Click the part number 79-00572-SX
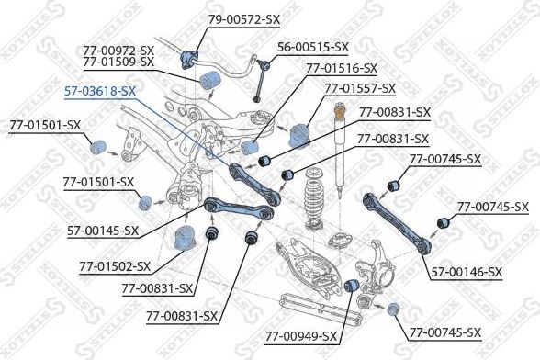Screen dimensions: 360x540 click(x=219, y=19)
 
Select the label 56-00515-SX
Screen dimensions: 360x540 click(x=313, y=46)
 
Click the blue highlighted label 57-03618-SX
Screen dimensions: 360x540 click(x=100, y=92)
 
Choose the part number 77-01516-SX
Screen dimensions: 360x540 click(x=341, y=68)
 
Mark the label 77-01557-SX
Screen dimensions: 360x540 click(x=359, y=88)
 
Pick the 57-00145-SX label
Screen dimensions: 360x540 click(x=103, y=231)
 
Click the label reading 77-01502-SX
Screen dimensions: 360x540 click(x=114, y=266)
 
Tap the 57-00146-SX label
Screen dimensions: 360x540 click(x=467, y=272)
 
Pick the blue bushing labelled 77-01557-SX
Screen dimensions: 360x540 click(x=299, y=135)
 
